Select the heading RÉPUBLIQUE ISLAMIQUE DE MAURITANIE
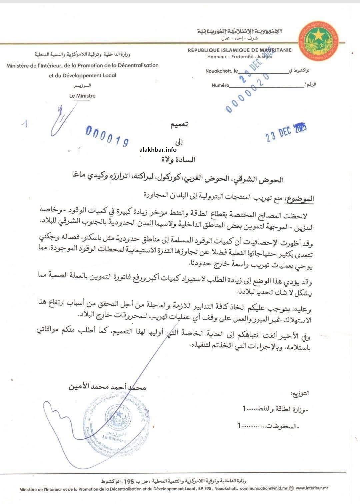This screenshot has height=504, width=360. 239,50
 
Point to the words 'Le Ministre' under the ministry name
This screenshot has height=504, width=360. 82,96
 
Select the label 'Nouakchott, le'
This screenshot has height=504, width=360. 222,71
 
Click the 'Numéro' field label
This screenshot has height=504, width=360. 220,85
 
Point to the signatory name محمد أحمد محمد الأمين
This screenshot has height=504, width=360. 107,387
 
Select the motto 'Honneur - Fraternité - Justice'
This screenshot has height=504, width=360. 239,56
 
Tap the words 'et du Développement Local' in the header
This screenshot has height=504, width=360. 82,75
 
